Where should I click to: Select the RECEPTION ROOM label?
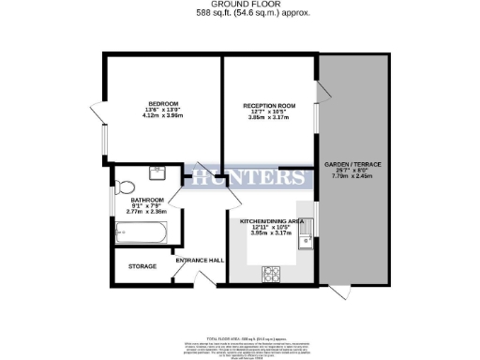(x=269, y=107)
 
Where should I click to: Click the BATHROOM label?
(x=145, y=200)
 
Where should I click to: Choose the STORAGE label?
(x=142, y=265)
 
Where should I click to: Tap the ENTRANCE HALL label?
(x=202, y=260)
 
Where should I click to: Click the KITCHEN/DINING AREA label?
(x=272, y=220)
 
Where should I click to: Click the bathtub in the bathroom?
(x=140, y=232)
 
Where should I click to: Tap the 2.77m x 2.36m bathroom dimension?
(x=145, y=212)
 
